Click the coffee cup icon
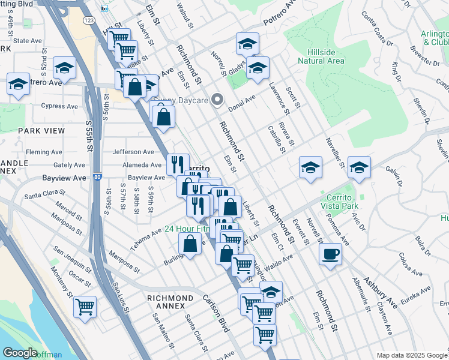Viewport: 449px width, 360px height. tap(330, 253)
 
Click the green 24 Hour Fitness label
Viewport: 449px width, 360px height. tap(190, 229)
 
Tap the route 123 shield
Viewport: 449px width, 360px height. tap(89, 20)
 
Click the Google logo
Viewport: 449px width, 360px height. tap(20, 353)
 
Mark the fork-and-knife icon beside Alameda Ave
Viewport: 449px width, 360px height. tap(178, 163)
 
